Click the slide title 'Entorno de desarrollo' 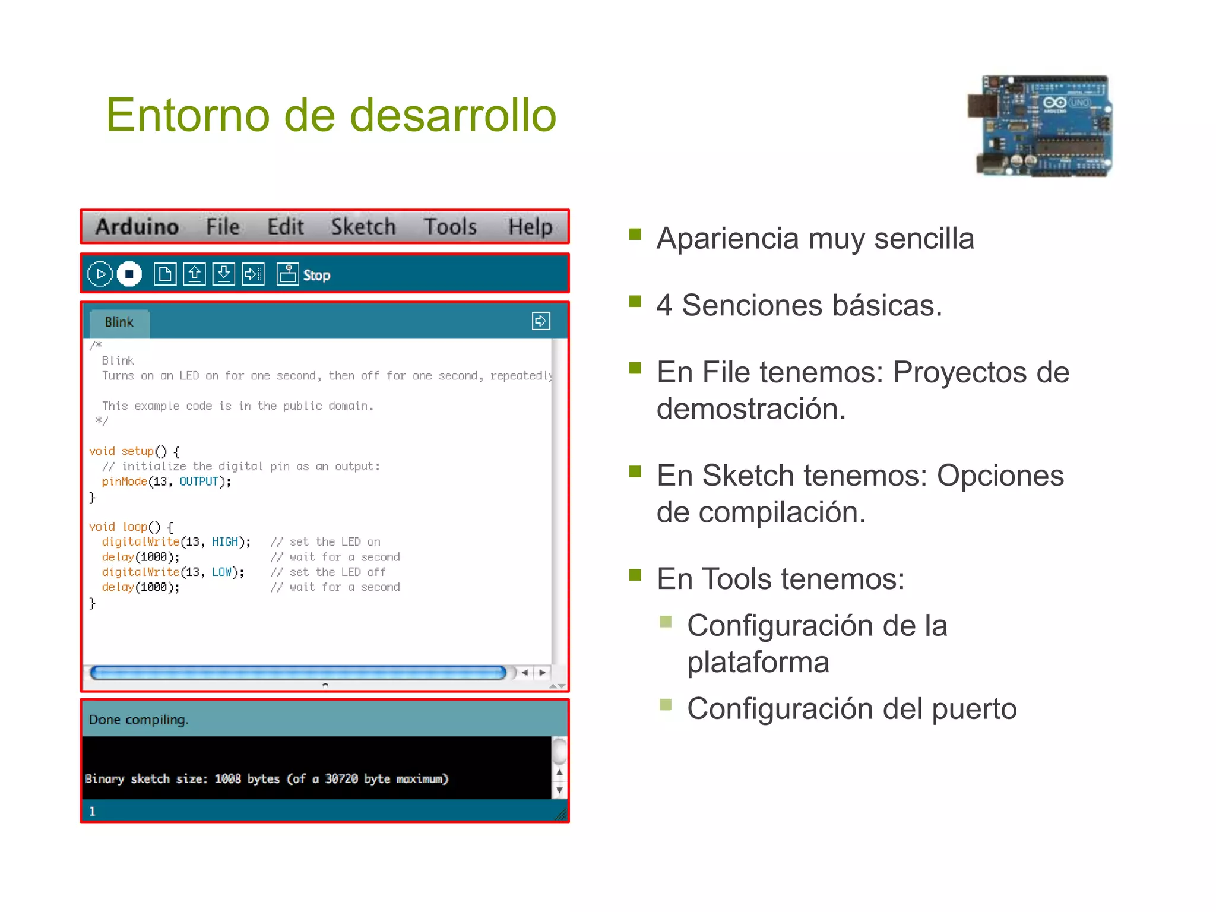[331, 115]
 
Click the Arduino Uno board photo [1040, 126]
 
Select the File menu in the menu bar [223, 227]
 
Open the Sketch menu [363, 227]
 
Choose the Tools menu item [450, 227]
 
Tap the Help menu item [530, 227]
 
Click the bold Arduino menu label [137, 227]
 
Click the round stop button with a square [129, 274]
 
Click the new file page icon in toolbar [164, 274]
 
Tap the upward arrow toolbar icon [194, 274]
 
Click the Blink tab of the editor [119, 322]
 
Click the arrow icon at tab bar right [540, 321]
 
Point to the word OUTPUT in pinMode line [198, 482]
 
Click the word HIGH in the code [224, 542]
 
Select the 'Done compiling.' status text [138, 720]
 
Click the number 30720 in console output [341, 779]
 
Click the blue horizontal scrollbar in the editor [297, 673]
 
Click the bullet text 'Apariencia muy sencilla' [815, 239]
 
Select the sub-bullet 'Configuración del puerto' [851, 709]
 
